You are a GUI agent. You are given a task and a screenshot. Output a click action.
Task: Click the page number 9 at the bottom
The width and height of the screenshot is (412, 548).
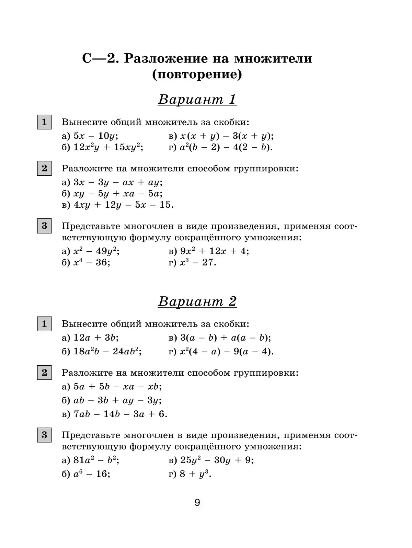pos(197,503)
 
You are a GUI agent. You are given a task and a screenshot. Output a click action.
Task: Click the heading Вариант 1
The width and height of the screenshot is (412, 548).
pos(197,100)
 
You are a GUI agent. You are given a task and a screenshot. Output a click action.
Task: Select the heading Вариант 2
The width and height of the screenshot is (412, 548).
pos(197,301)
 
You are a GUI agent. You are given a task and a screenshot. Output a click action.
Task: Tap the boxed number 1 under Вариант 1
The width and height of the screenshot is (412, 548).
pos(44,122)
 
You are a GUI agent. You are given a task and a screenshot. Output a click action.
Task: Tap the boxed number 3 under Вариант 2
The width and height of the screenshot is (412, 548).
pos(44,435)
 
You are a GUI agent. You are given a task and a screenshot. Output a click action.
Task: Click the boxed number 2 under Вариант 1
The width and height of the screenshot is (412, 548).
pos(44,168)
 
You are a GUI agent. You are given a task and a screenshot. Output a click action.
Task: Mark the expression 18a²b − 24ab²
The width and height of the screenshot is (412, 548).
pos(107,351)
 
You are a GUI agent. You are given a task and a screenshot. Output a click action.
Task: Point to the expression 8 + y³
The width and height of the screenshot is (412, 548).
pos(195,474)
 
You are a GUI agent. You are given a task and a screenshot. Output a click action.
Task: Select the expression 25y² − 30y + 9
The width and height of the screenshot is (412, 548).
pos(217,460)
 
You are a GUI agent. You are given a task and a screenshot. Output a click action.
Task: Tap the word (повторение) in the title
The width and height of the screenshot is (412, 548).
pos(197,75)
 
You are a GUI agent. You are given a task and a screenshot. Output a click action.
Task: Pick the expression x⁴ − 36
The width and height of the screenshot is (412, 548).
pos(92,263)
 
